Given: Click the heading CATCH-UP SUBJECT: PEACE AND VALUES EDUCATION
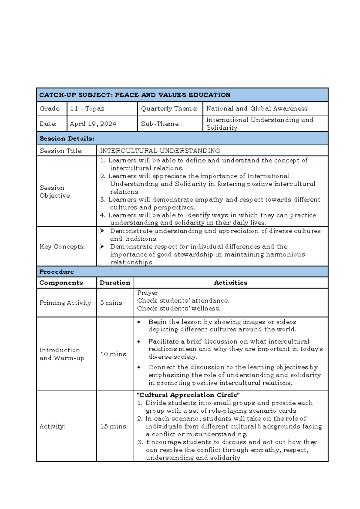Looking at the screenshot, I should coord(135,95).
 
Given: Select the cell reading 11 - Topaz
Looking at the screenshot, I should coord(87,109).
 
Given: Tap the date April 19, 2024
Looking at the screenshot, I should coord(93,124).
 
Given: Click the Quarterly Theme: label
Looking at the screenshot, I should coord(169,109).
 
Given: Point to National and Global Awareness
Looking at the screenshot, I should coord(257,109).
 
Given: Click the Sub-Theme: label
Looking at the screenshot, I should coord(160,124).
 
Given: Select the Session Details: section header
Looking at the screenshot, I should coord(67,139).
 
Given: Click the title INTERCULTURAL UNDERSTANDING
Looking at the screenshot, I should coord(160,151).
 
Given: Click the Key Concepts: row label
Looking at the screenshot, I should coord(62,247).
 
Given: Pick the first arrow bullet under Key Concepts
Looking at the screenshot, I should coord(102,231).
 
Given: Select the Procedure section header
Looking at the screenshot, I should coord(56,272).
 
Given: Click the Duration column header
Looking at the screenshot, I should coord(115,283).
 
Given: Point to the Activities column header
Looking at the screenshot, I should coord(230,283).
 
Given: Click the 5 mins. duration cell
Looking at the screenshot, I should coord(112,303).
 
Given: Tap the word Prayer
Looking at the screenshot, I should coord(147,293).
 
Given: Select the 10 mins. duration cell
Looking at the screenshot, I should coord(114,354).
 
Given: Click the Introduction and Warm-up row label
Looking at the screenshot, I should coord(62,354).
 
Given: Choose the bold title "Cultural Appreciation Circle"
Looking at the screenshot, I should coord(188,395).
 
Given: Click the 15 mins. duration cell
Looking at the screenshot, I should coord(114,426).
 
